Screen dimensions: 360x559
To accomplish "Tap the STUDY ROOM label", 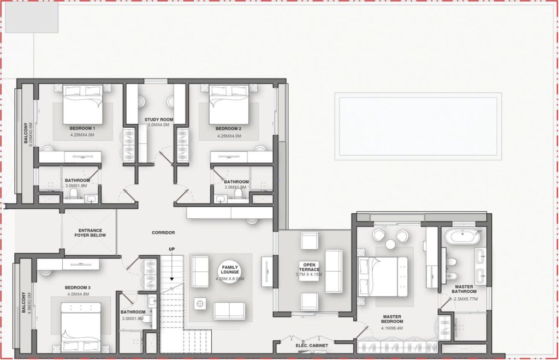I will pos(159,119).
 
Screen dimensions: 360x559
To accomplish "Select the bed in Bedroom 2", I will pos(228,104).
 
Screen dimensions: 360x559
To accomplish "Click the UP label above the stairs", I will pos(171,249).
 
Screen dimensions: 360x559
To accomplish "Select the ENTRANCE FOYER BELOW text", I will pos(91,233).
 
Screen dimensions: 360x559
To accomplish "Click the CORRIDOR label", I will pos(163,233).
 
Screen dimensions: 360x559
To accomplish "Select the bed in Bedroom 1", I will pos(83,104).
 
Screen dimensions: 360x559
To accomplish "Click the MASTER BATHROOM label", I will pos(464,289).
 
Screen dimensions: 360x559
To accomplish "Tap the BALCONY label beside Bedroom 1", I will pos(26,133).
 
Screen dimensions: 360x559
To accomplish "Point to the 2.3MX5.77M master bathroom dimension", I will pos(465,299).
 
